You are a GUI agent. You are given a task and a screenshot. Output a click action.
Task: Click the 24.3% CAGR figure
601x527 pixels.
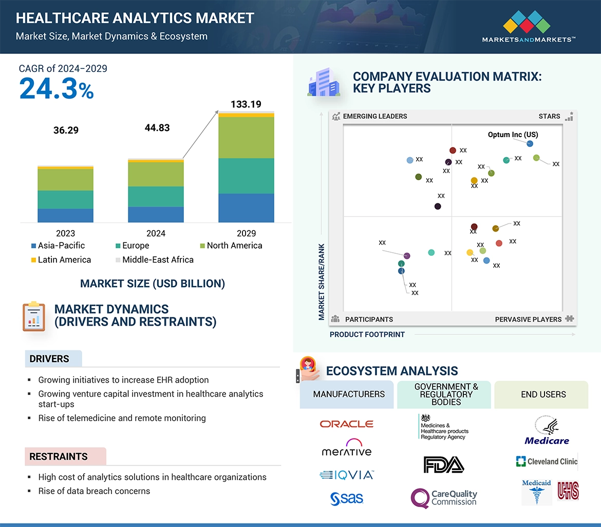pos(57,88)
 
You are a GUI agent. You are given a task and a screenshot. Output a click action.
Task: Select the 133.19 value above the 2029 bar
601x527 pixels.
pos(246,104)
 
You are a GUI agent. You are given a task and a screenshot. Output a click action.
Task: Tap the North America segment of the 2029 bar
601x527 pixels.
pos(246,138)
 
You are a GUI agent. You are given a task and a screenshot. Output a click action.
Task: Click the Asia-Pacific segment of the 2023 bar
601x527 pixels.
pos(65,215)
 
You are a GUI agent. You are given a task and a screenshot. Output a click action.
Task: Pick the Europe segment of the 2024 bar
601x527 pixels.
pos(156,196)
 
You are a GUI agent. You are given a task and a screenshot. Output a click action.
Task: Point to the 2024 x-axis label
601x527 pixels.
pos(156,233)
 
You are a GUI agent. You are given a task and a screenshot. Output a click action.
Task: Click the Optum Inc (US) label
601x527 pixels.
pos(513,135)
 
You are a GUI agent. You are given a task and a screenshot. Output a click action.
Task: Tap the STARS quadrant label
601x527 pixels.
pos(549,116)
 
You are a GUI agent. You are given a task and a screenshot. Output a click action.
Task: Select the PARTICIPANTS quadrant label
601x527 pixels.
pos(368,319)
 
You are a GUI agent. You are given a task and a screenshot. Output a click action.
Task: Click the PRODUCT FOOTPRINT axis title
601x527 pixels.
pos(367,334)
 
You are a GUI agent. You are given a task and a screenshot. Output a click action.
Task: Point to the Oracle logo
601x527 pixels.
pos(346,424)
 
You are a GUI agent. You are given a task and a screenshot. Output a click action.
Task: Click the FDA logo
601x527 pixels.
pos(443,464)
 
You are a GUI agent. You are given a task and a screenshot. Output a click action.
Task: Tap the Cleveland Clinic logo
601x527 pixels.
pos(547,461)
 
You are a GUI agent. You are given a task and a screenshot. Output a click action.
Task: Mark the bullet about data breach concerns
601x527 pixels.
pos(94,491)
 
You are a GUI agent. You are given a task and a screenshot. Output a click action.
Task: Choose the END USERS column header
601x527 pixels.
pos(543,394)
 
